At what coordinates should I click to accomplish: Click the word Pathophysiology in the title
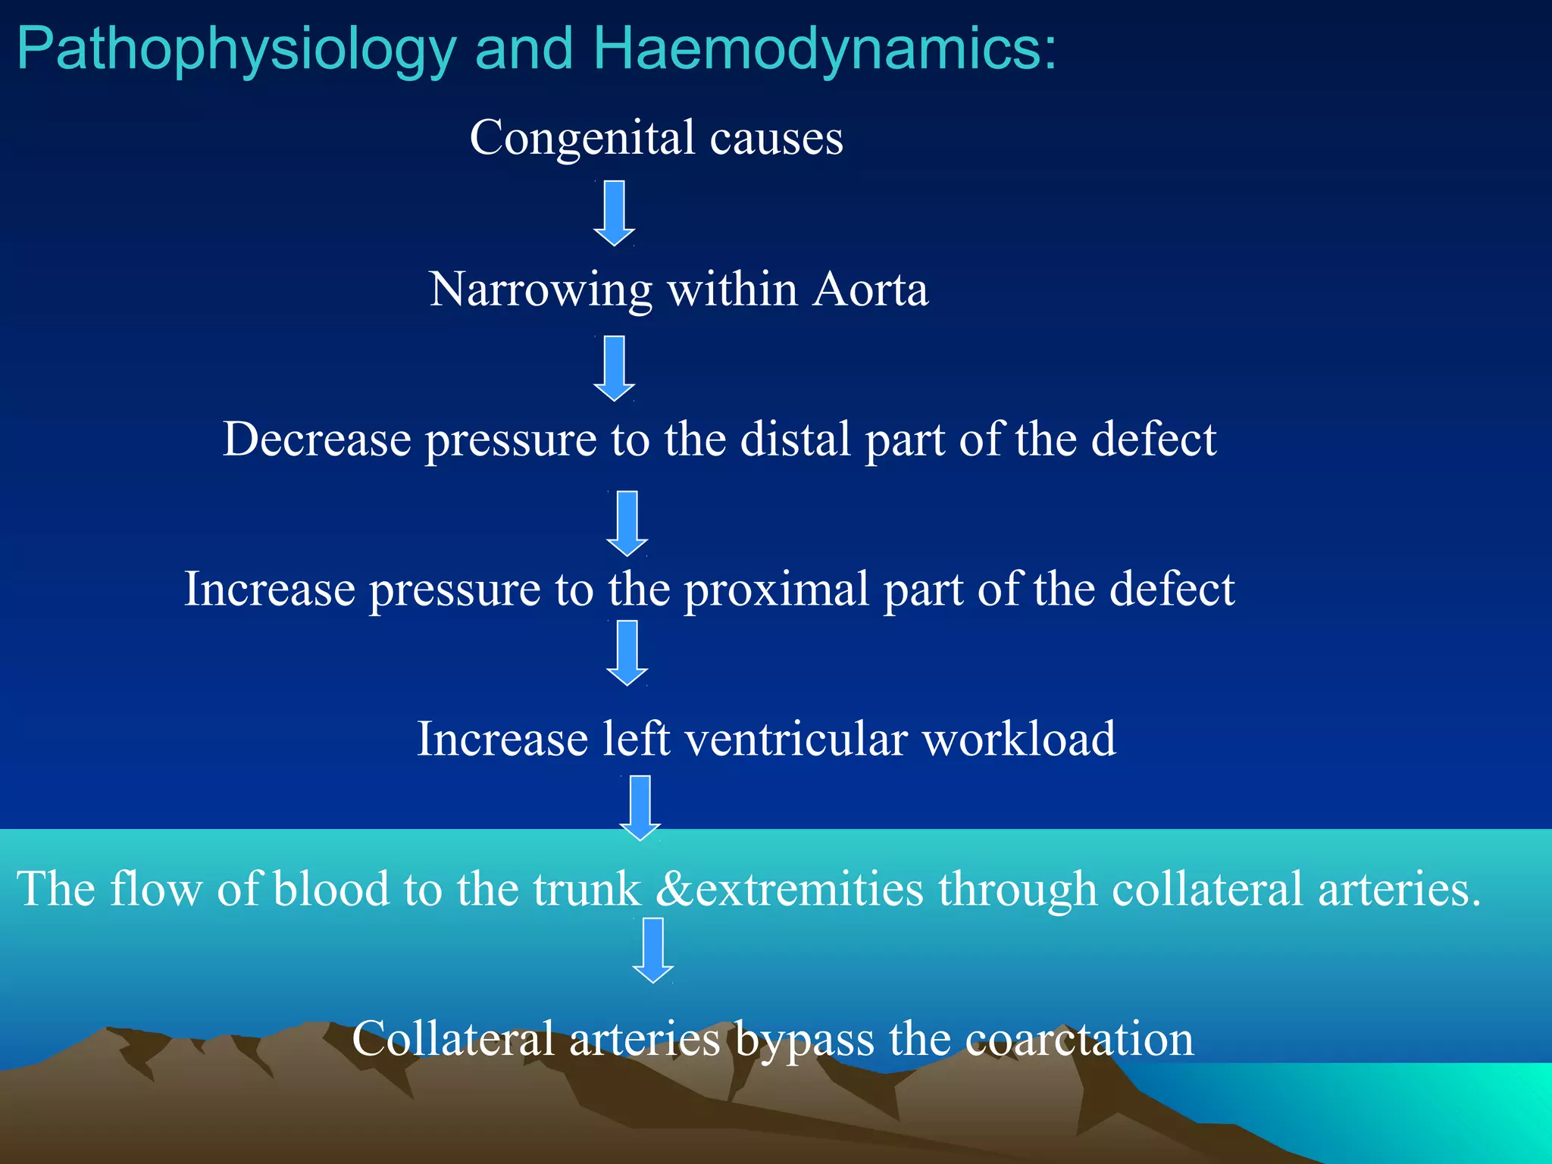coord(236,50)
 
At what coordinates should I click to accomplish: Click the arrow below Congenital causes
coord(614,213)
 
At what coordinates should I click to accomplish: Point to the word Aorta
coord(870,289)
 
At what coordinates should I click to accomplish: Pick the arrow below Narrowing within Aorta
coord(614,368)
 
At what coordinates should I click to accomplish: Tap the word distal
coord(795,439)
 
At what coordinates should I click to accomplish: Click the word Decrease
coord(317,439)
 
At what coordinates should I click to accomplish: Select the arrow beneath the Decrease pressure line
coord(627,524)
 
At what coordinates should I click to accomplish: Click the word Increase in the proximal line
coord(270,589)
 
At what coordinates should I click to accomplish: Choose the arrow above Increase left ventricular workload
coord(627,652)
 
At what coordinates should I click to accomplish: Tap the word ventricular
coord(796,739)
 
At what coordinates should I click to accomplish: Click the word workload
coord(1018,739)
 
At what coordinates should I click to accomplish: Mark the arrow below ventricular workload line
coord(640,808)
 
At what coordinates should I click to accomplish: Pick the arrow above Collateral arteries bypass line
coord(652,950)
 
